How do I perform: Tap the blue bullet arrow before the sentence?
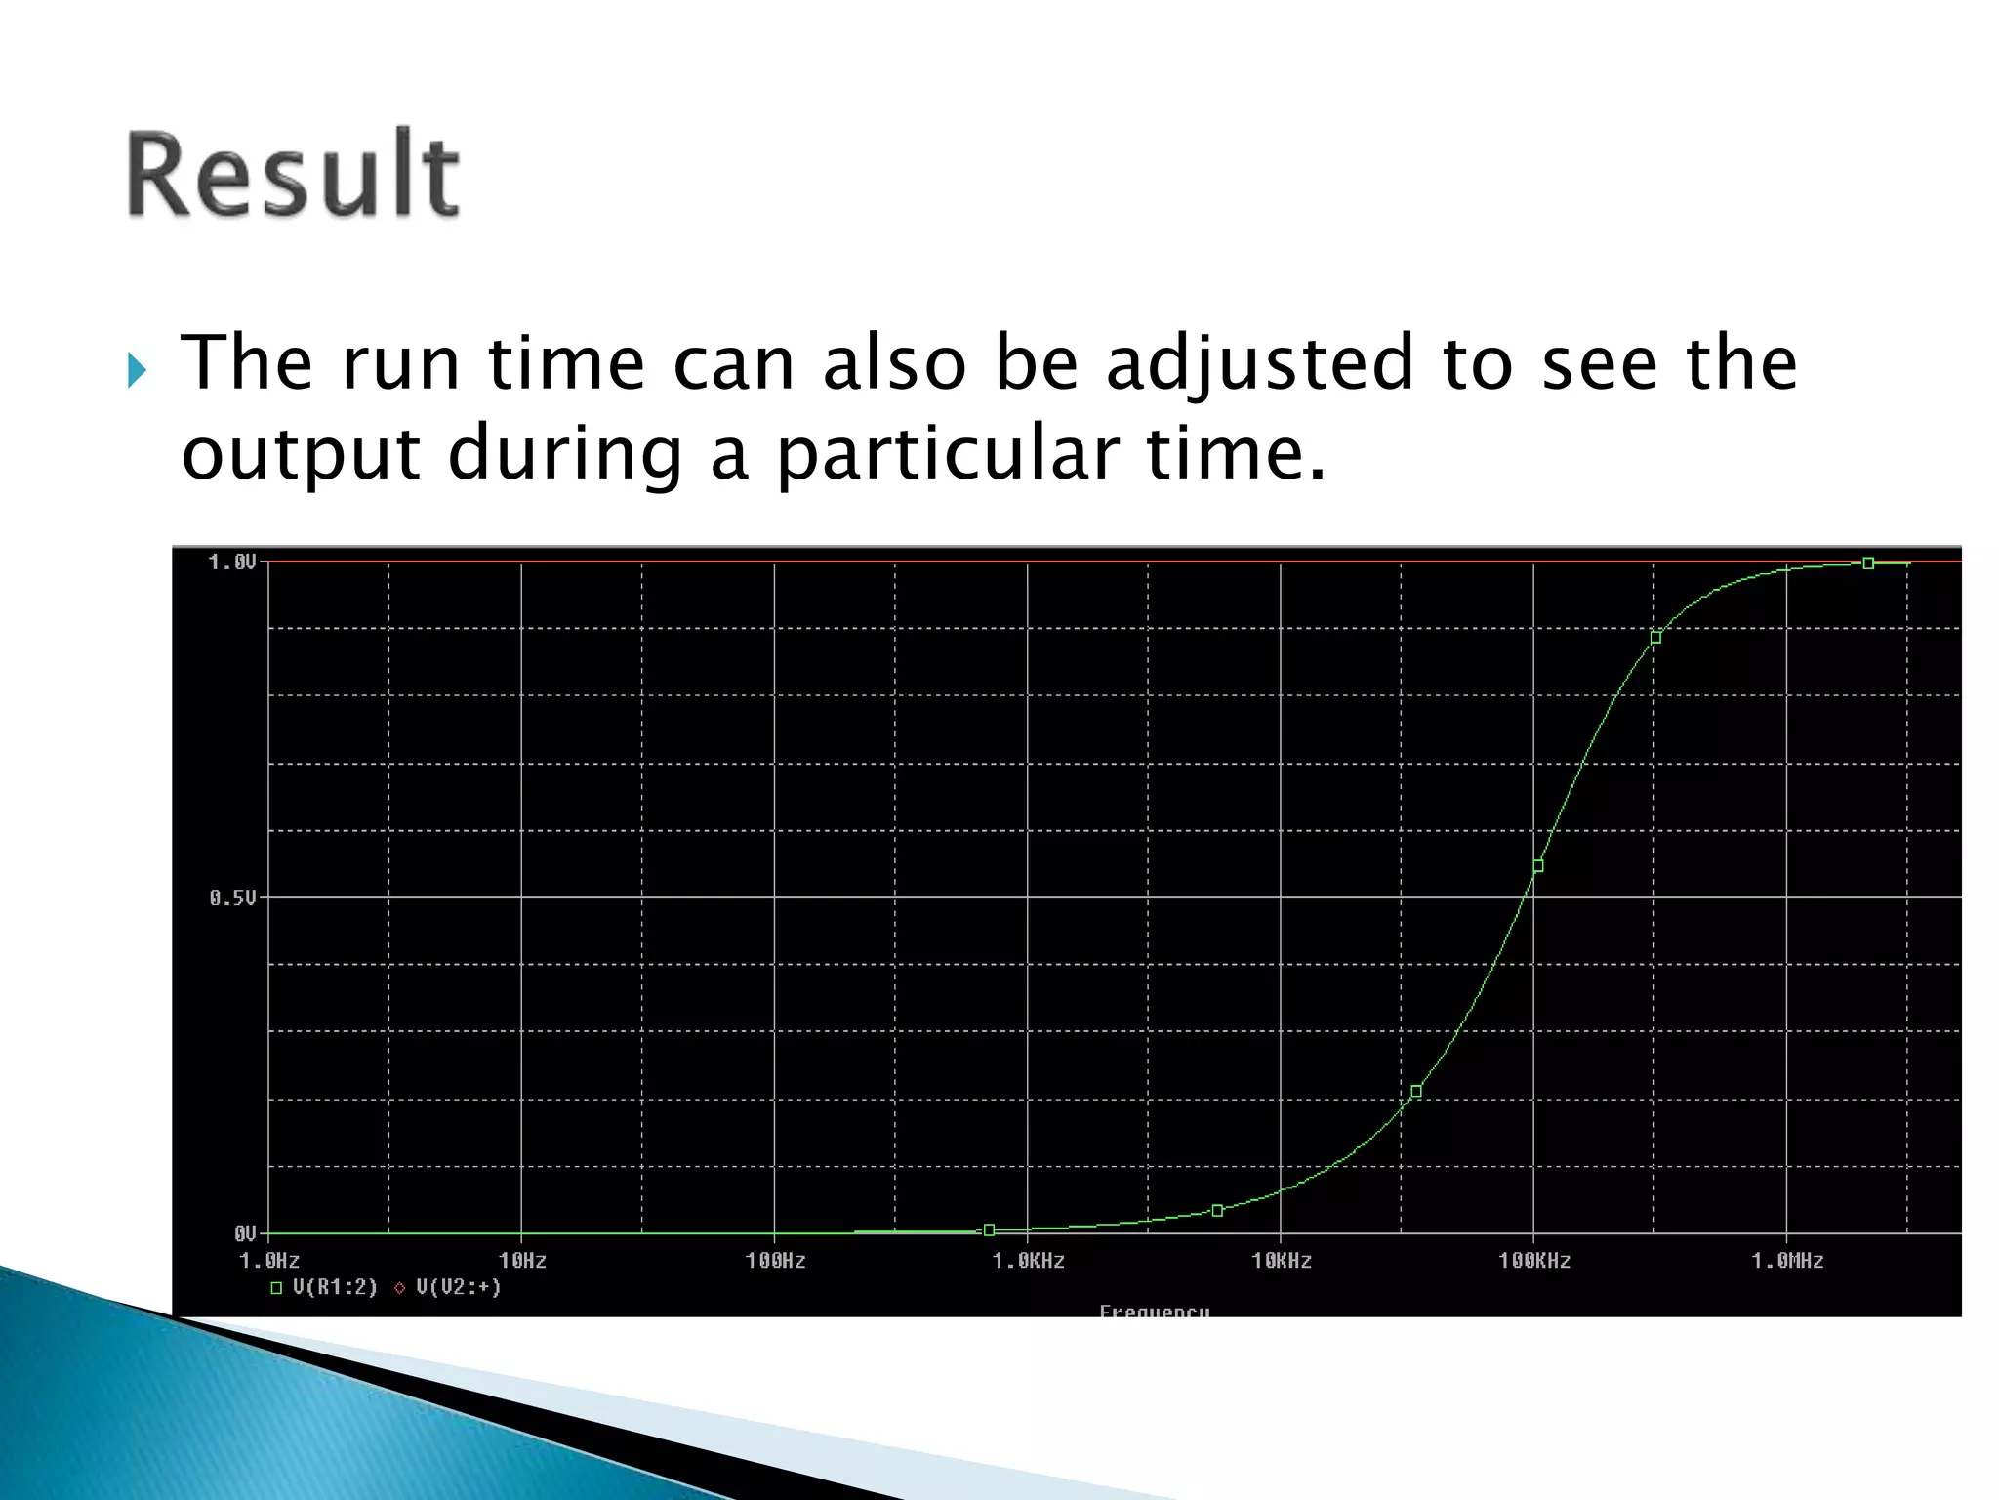click(x=138, y=370)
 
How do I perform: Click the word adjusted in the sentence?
click(x=1258, y=363)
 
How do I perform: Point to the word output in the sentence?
click(x=301, y=456)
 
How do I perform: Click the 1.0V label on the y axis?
click(x=232, y=562)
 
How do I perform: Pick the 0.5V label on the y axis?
click(x=232, y=898)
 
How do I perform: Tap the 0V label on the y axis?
click(x=244, y=1234)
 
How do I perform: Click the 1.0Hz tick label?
click(x=269, y=1261)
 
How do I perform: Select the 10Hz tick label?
click(x=522, y=1261)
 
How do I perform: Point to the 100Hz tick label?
click(x=775, y=1261)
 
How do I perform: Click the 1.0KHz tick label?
click(x=1028, y=1261)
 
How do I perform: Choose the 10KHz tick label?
click(x=1281, y=1261)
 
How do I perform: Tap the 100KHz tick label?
click(x=1533, y=1261)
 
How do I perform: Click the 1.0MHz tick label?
click(x=1786, y=1261)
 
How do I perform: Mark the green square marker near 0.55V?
click(x=1538, y=866)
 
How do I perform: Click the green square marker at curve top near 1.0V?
click(x=1868, y=563)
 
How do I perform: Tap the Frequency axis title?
click(x=1154, y=1311)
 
